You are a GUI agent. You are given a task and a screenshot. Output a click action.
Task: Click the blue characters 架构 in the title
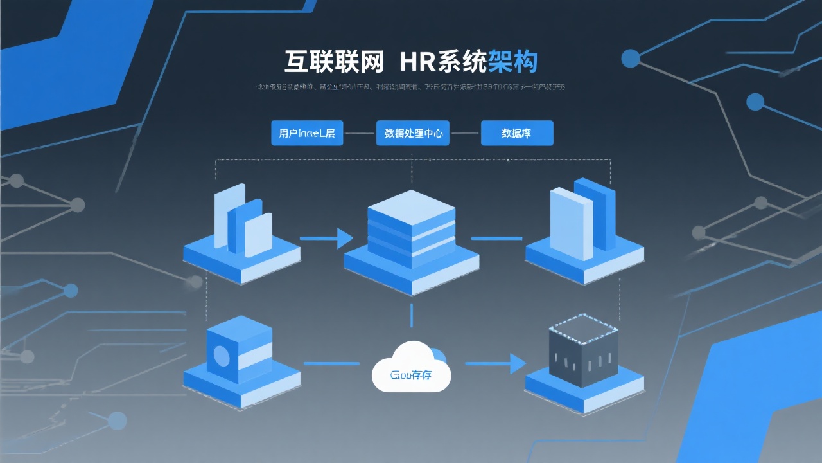(512, 61)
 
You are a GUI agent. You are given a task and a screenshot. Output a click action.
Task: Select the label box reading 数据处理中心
(412, 133)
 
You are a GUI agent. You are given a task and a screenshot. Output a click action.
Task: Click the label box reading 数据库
(517, 133)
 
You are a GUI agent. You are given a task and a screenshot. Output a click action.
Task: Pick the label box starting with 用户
(307, 133)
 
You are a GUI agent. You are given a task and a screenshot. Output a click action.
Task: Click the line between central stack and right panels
(496, 239)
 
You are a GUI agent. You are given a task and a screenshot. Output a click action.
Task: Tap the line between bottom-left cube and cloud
(331, 364)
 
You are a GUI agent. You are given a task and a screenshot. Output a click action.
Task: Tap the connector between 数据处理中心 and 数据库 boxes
(465, 133)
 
